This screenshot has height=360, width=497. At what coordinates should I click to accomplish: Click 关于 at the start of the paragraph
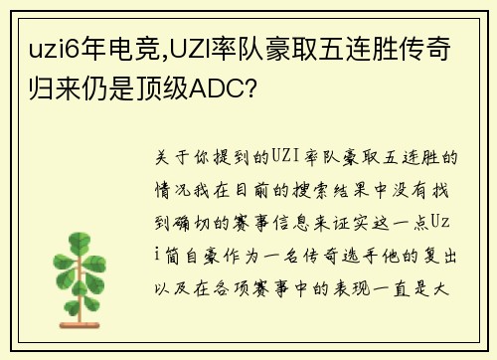(x=173, y=158)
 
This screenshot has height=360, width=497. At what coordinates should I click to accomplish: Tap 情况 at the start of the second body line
(x=173, y=184)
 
